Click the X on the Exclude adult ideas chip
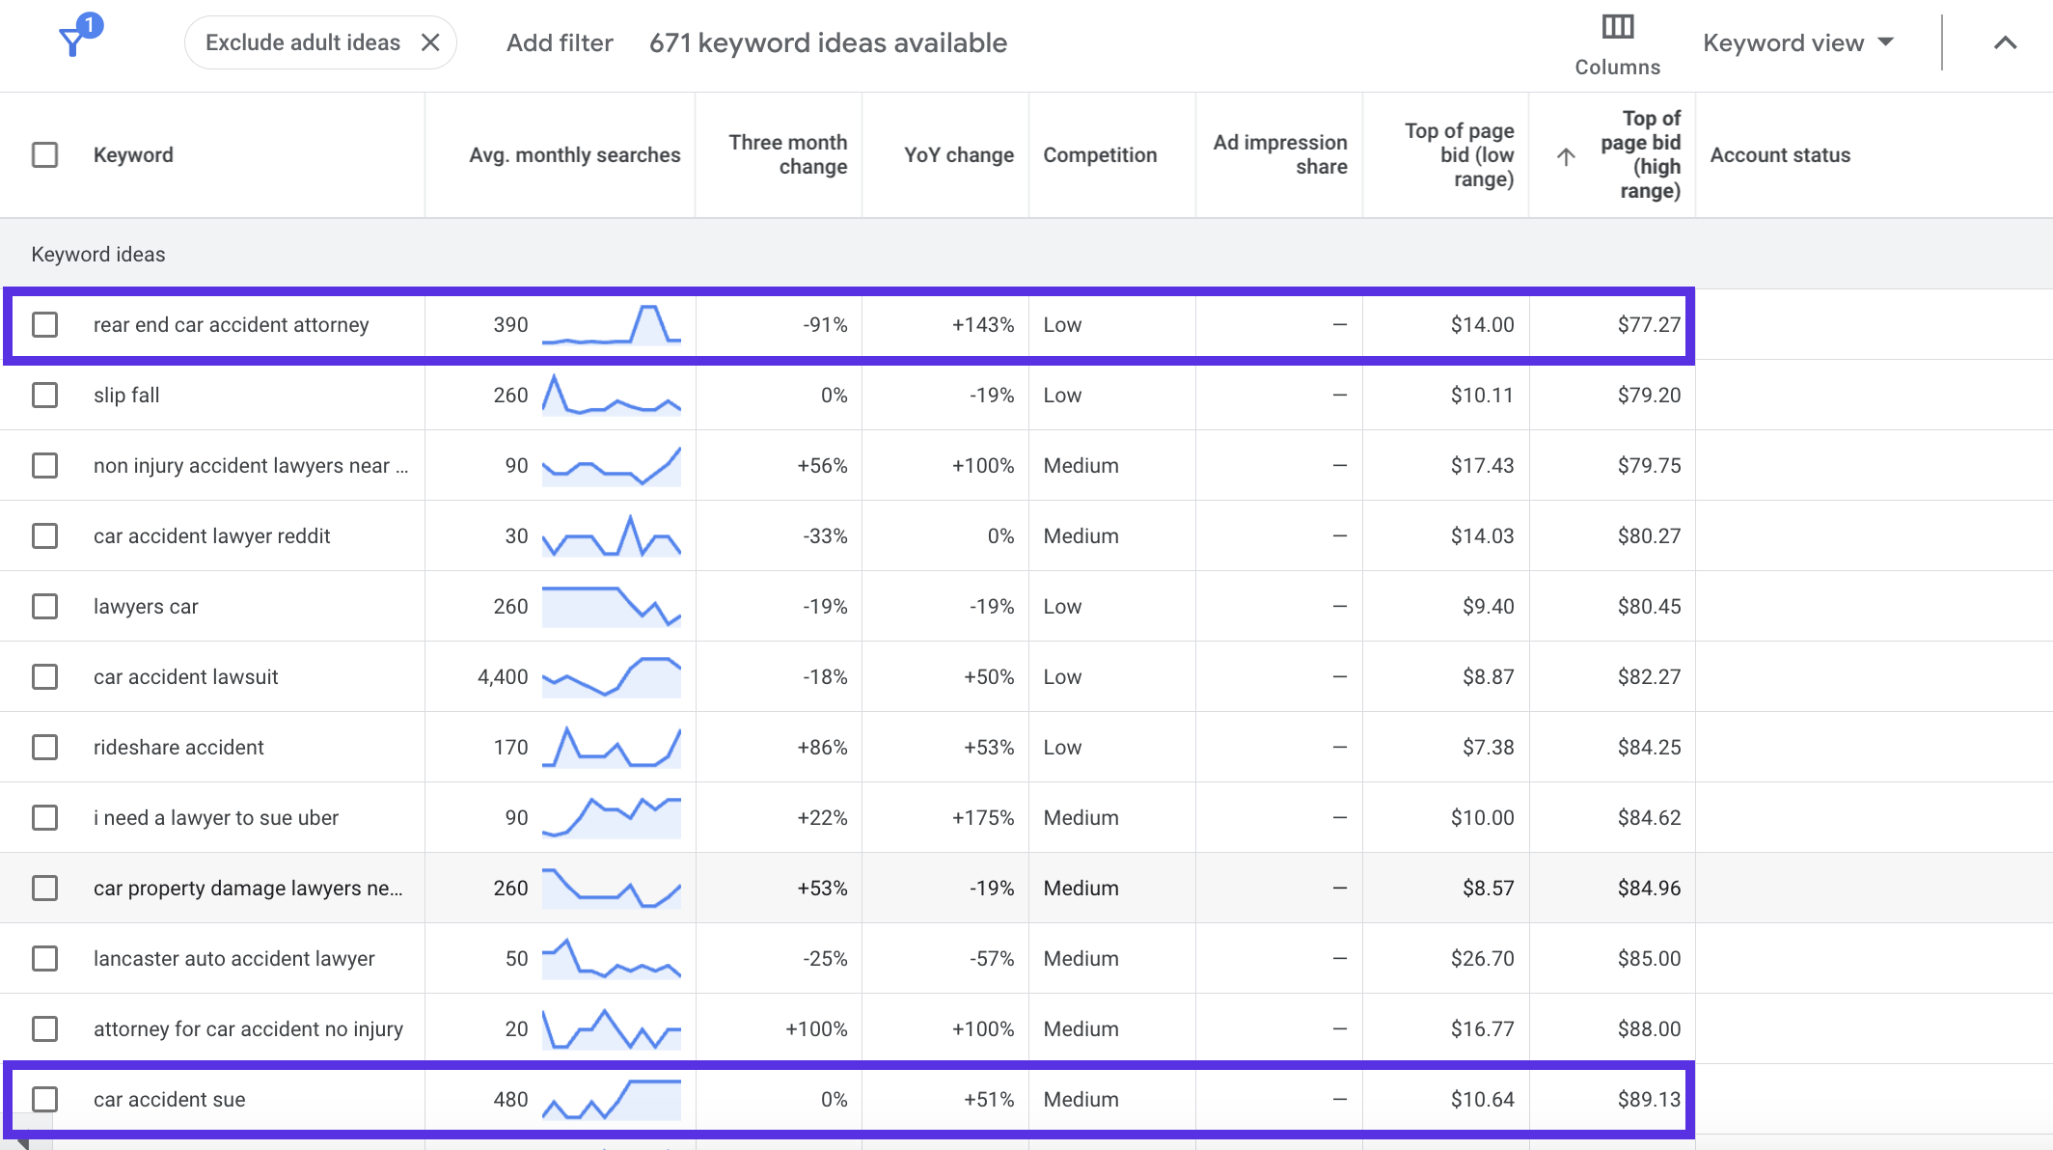[x=430, y=42]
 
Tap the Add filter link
[x=560, y=42]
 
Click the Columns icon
[x=1618, y=27]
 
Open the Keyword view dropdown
[x=1799, y=42]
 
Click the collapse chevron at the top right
[x=2005, y=42]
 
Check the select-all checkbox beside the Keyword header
[x=45, y=154]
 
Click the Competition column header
[x=1100, y=154]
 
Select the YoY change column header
[x=959, y=154]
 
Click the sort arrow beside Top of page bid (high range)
[x=1566, y=156]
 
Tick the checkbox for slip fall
[x=45, y=395]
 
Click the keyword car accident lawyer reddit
[x=211, y=535]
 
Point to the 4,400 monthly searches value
[x=503, y=676]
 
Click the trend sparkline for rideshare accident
[x=612, y=747]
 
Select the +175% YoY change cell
[x=983, y=817]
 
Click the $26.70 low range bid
[x=1482, y=958]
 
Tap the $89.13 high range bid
[x=1649, y=1099]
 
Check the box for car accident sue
[x=45, y=1099]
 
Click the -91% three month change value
[x=825, y=324]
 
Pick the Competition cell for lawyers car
[x=1062, y=606]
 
